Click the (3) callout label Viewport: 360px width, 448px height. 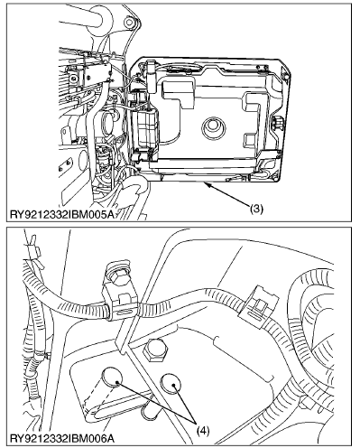click(256, 209)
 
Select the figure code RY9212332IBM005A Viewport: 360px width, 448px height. click(62, 214)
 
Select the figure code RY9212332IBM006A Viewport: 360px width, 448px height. click(62, 438)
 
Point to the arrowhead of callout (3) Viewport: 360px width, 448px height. click(207, 184)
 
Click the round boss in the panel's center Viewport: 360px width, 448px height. click(213, 126)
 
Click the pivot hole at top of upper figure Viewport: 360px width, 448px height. click(130, 22)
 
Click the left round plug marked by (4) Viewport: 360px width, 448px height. click(112, 378)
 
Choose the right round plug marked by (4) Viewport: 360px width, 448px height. click(171, 383)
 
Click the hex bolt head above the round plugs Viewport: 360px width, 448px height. click(154, 350)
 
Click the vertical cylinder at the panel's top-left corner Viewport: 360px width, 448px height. click(151, 76)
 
